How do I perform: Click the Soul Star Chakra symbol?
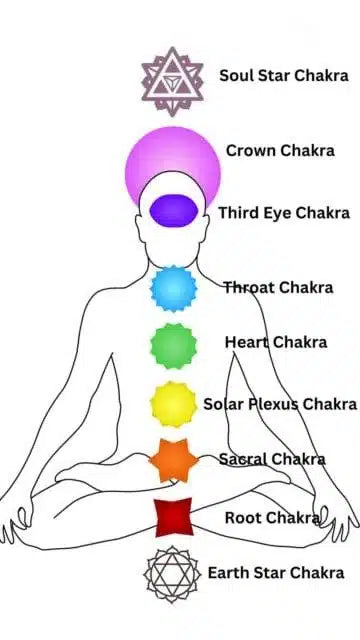click(x=172, y=81)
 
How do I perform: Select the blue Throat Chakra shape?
click(x=172, y=288)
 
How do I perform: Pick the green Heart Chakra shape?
click(x=172, y=345)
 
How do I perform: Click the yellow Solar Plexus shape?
click(x=172, y=403)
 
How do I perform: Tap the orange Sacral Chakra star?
click(x=172, y=460)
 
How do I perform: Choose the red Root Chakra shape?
click(x=172, y=517)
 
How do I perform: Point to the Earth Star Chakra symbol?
click(x=172, y=574)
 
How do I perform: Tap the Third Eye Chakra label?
click(x=284, y=213)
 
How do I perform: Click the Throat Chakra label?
click(x=278, y=288)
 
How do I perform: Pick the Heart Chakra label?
click(x=275, y=342)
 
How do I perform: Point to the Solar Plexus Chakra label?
click(x=280, y=404)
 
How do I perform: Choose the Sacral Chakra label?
click(x=272, y=460)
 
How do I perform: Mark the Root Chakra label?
click(x=272, y=517)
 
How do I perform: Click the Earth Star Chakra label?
click(x=276, y=573)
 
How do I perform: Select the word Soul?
click(x=236, y=75)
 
